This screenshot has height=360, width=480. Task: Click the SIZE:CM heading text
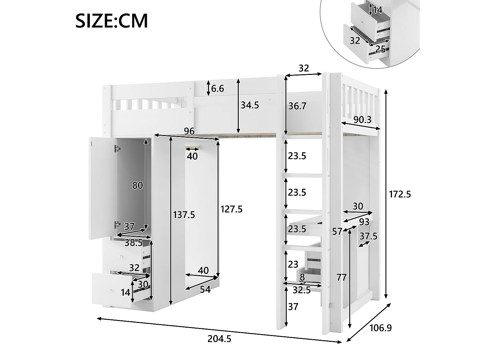tap(111, 21)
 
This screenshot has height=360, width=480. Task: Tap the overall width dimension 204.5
tap(219, 339)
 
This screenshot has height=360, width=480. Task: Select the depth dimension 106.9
tap(380, 328)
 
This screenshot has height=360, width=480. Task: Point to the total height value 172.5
tap(400, 194)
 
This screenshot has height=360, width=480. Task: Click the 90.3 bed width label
tap(362, 119)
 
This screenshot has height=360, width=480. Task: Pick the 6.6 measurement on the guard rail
tap(217, 88)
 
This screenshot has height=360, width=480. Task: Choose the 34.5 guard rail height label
tap(250, 105)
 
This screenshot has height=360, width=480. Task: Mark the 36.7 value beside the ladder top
tap(297, 106)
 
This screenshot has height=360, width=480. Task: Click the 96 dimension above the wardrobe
tap(189, 131)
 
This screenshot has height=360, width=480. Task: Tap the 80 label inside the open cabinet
tap(137, 185)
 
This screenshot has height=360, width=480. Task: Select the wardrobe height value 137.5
tap(184, 214)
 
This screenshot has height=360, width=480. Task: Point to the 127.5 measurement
tap(231, 209)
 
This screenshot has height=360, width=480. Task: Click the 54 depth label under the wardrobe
tap(205, 289)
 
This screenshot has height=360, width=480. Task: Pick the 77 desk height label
tap(341, 277)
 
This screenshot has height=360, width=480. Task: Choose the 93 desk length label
tap(364, 221)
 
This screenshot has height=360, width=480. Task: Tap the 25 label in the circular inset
tap(380, 49)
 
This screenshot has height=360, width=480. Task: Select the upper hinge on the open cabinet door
tap(117, 148)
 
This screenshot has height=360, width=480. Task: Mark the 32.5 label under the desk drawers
tap(301, 290)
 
